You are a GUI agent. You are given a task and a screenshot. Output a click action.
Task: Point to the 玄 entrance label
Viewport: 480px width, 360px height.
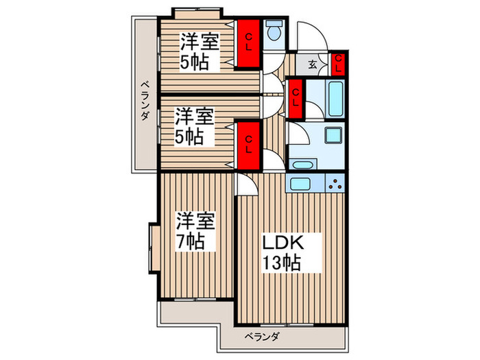click(312, 65)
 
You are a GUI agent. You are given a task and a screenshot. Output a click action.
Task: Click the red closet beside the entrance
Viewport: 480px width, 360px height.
click(337, 64)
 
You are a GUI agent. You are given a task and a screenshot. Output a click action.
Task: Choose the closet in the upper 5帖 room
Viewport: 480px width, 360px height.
click(250, 43)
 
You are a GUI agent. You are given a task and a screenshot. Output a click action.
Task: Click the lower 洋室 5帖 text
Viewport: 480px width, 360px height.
click(193, 125)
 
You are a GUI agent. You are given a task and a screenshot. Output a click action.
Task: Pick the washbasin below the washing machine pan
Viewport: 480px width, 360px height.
click(302, 165)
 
